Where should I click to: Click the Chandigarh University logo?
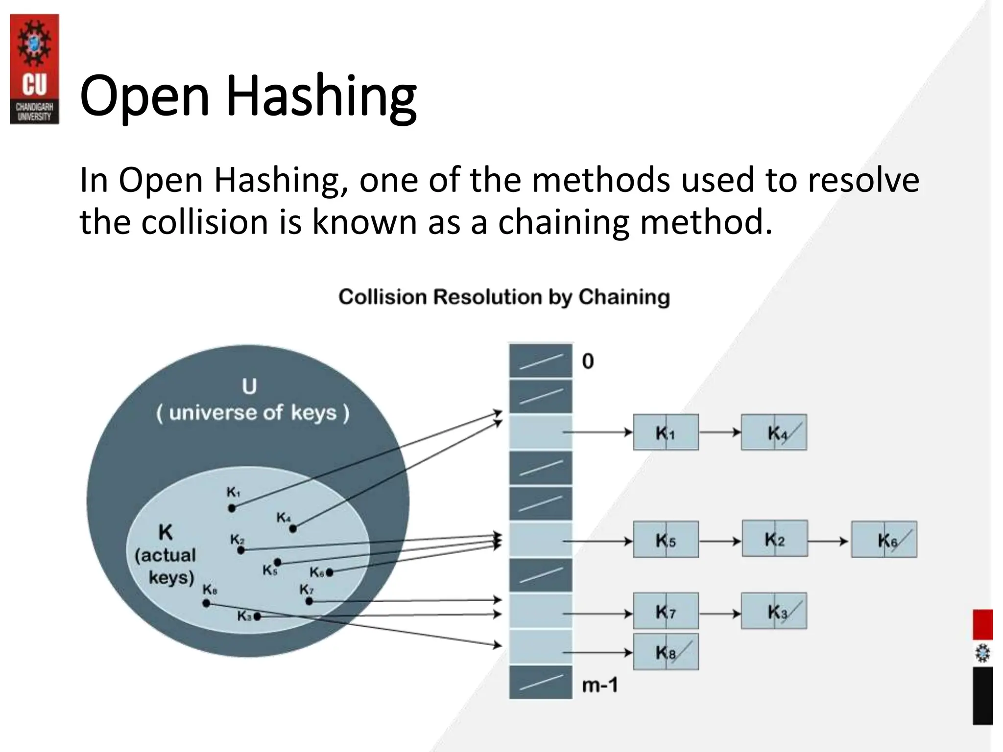(34, 69)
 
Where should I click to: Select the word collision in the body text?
(205, 222)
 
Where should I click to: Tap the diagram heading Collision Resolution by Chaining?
(504, 297)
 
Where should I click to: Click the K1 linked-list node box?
(666, 432)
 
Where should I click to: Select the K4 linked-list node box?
(774, 432)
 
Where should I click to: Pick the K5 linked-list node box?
(666, 540)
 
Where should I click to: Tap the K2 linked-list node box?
(774, 539)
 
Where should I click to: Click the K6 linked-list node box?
(884, 540)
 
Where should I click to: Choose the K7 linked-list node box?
(666, 611)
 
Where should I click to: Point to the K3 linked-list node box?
(774, 611)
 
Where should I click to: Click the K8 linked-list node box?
(666, 652)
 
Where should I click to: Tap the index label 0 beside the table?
(588, 361)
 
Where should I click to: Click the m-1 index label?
(599, 685)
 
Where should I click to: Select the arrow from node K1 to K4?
(720, 432)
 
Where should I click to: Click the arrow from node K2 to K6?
(829, 541)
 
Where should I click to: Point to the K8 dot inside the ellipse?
(206, 603)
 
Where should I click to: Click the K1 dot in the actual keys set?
(232, 508)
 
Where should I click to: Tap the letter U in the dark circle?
(249, 387)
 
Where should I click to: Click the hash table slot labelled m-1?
(541, 682)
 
